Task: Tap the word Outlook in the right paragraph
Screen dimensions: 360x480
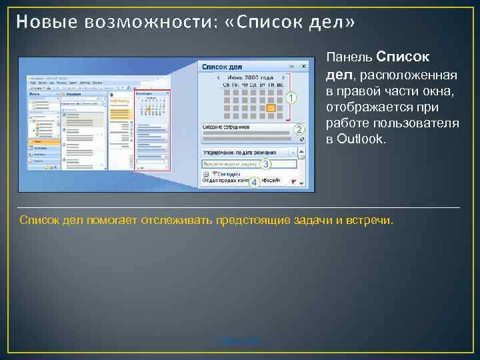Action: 363,139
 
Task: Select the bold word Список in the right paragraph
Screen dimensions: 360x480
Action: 403,57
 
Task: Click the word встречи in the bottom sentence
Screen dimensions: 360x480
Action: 371,220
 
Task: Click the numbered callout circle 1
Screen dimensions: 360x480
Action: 291,98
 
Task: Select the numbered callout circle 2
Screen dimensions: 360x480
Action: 299,129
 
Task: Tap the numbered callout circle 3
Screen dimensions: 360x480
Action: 265,164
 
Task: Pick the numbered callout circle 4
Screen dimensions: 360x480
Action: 254,182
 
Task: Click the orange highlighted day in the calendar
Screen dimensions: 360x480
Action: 271,107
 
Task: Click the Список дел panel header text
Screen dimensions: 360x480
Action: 221,67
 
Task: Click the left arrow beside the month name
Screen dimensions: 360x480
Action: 219,78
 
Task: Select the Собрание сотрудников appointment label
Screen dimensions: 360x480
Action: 226,127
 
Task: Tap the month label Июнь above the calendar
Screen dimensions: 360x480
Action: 235,78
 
